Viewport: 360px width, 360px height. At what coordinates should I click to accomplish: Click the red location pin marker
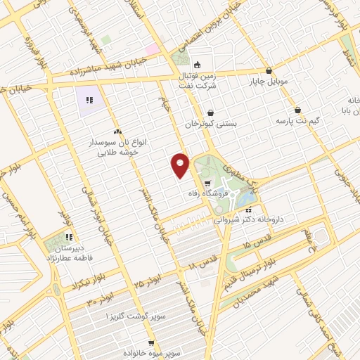(x=181, y=165)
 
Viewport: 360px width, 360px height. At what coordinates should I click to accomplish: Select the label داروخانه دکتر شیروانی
(x=271, y=219)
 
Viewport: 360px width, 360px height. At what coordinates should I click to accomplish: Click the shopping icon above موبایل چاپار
(x=269, y=70)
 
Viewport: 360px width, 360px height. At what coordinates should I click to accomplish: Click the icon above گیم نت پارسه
(x=298, y=110)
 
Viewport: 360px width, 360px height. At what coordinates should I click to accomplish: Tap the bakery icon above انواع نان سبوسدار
(x=117, y=131)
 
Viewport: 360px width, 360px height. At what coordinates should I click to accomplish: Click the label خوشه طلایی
(x=119, y=150)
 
